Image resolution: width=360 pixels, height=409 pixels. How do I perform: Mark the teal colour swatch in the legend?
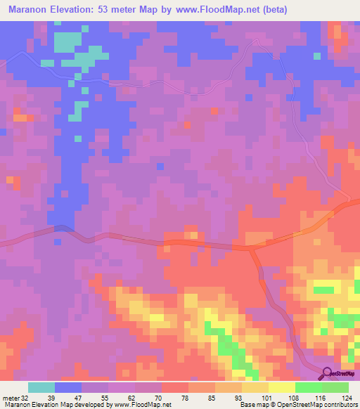[x=41, y=387]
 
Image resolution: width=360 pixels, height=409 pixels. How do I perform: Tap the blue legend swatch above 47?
[x=68, y=387]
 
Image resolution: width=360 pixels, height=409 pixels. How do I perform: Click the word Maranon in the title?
[x=27, y=9]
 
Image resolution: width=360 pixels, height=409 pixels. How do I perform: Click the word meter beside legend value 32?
[x=11, y=397]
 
